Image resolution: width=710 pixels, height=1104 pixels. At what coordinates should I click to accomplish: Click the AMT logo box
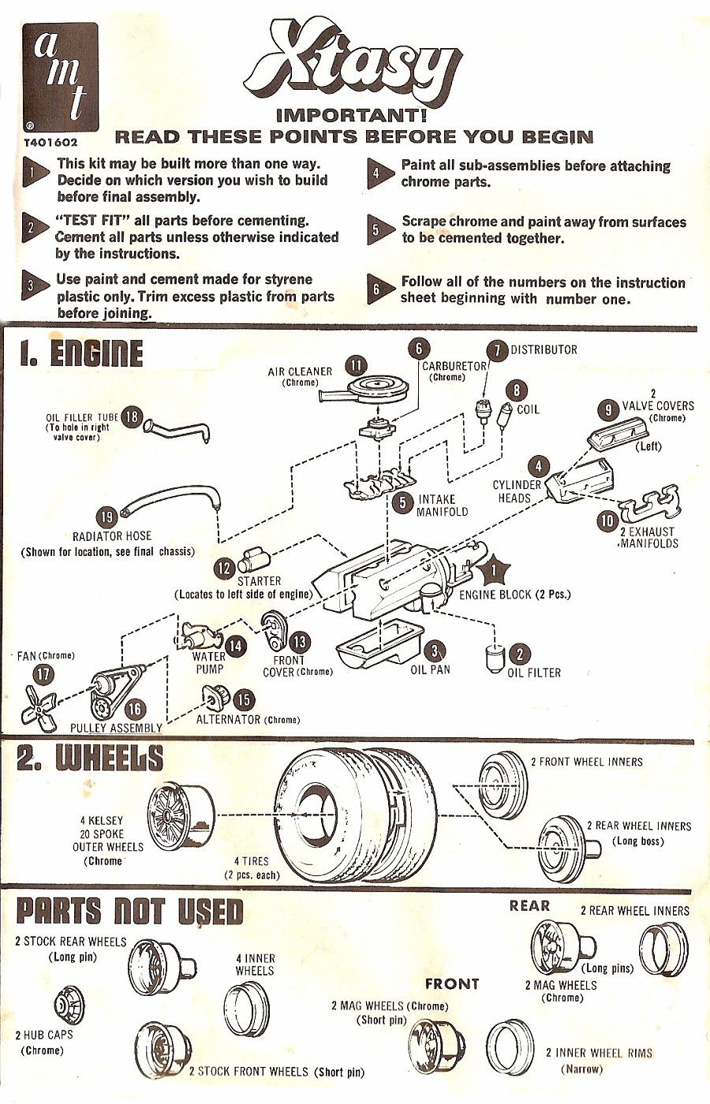[x=60, y=76]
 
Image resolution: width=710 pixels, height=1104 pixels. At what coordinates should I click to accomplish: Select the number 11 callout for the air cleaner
[x=357, y=365]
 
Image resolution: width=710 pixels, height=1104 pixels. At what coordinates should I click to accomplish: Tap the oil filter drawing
[x=495, y=658]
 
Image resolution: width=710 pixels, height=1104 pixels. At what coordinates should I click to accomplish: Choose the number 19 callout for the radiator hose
[x=106, y=517]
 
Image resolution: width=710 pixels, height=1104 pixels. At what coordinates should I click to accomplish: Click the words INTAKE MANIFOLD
[x=443, y=505]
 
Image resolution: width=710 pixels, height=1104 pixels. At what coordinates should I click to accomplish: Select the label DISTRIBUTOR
[x=544, y=349]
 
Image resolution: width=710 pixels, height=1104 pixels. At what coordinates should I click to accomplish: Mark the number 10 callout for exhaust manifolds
[x=607, y=521]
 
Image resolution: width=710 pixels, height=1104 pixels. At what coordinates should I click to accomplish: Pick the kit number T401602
[x=50, y=143]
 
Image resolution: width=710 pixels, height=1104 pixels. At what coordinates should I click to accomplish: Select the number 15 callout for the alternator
[x=244, y=699]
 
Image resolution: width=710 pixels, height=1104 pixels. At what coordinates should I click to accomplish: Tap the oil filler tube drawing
[x=179, y=431]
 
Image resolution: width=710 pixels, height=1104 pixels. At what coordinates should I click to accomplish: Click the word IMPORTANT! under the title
[x=352, y=115]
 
